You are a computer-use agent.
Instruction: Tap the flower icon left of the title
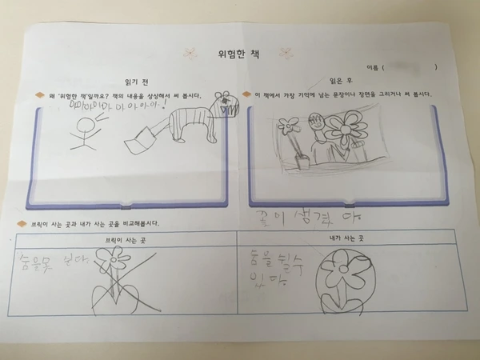click(x=190, y=54)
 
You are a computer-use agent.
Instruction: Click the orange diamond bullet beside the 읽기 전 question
click(x=38, y=96)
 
